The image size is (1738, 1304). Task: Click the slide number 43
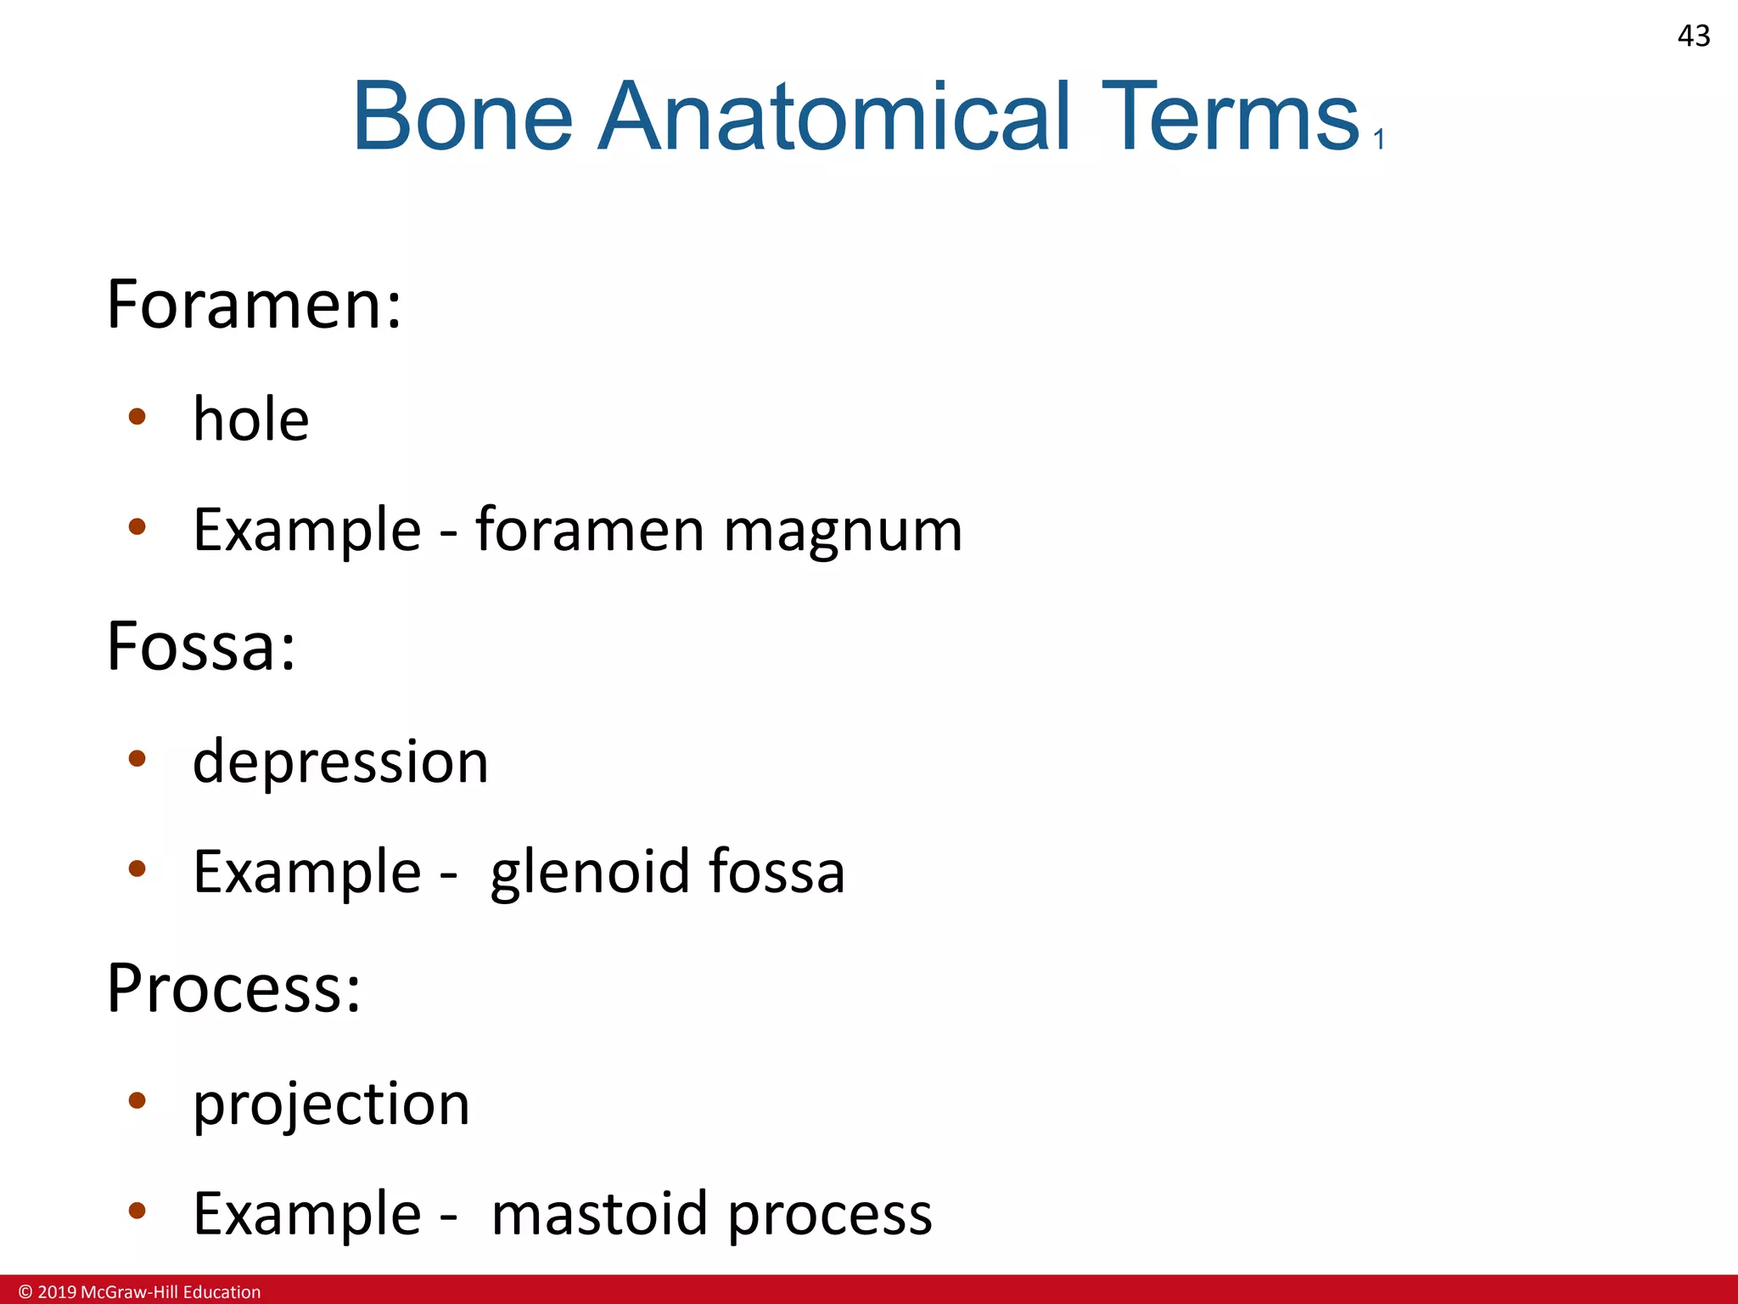pos(1693,36)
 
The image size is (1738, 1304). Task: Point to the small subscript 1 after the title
pos(1379,139)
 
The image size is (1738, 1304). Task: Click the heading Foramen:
pos(254,305)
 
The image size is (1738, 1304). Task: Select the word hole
pos(251,419)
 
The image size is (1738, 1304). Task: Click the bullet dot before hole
pos(137,417)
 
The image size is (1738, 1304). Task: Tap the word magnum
pos(843,531)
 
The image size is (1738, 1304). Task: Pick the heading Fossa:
pos(201,647)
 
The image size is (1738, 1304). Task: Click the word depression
pos(340,762)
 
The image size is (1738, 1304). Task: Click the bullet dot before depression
pos(137,758)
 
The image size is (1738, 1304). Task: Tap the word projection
pos(331,1104)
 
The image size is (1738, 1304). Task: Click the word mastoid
pos(600,1214)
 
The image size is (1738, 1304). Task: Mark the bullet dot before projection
pos(137,1101)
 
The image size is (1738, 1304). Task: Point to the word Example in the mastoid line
pos(307,1214)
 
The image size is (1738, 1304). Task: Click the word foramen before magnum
pos(590,531)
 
